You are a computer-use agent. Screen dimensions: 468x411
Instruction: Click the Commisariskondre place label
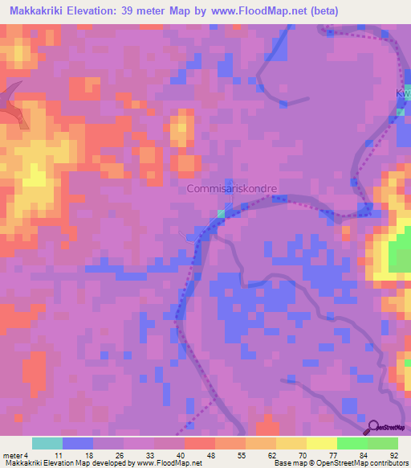(x=232, y=189)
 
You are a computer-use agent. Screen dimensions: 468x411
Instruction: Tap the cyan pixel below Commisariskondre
(x=222, y=212)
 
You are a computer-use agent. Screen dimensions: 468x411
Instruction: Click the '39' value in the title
(x=128, y=11)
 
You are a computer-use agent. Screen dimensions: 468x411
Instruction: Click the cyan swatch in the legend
(x=47, y=443)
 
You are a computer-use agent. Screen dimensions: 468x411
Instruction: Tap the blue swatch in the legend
(x=78, y=443)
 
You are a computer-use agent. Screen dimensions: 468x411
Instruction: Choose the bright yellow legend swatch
(x=322, y=443)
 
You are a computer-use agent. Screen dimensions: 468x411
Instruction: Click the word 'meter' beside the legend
(x=13, y=454)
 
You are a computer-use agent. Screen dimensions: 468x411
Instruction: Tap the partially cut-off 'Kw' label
(x=402, y=94)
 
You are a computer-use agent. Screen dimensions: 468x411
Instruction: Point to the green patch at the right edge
(x=400, y=257)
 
